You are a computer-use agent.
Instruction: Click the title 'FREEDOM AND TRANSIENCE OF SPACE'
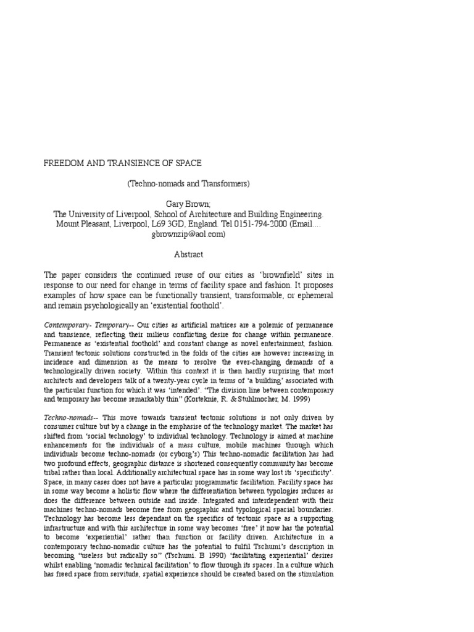(122, 164)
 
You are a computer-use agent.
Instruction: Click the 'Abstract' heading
(188, 254)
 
